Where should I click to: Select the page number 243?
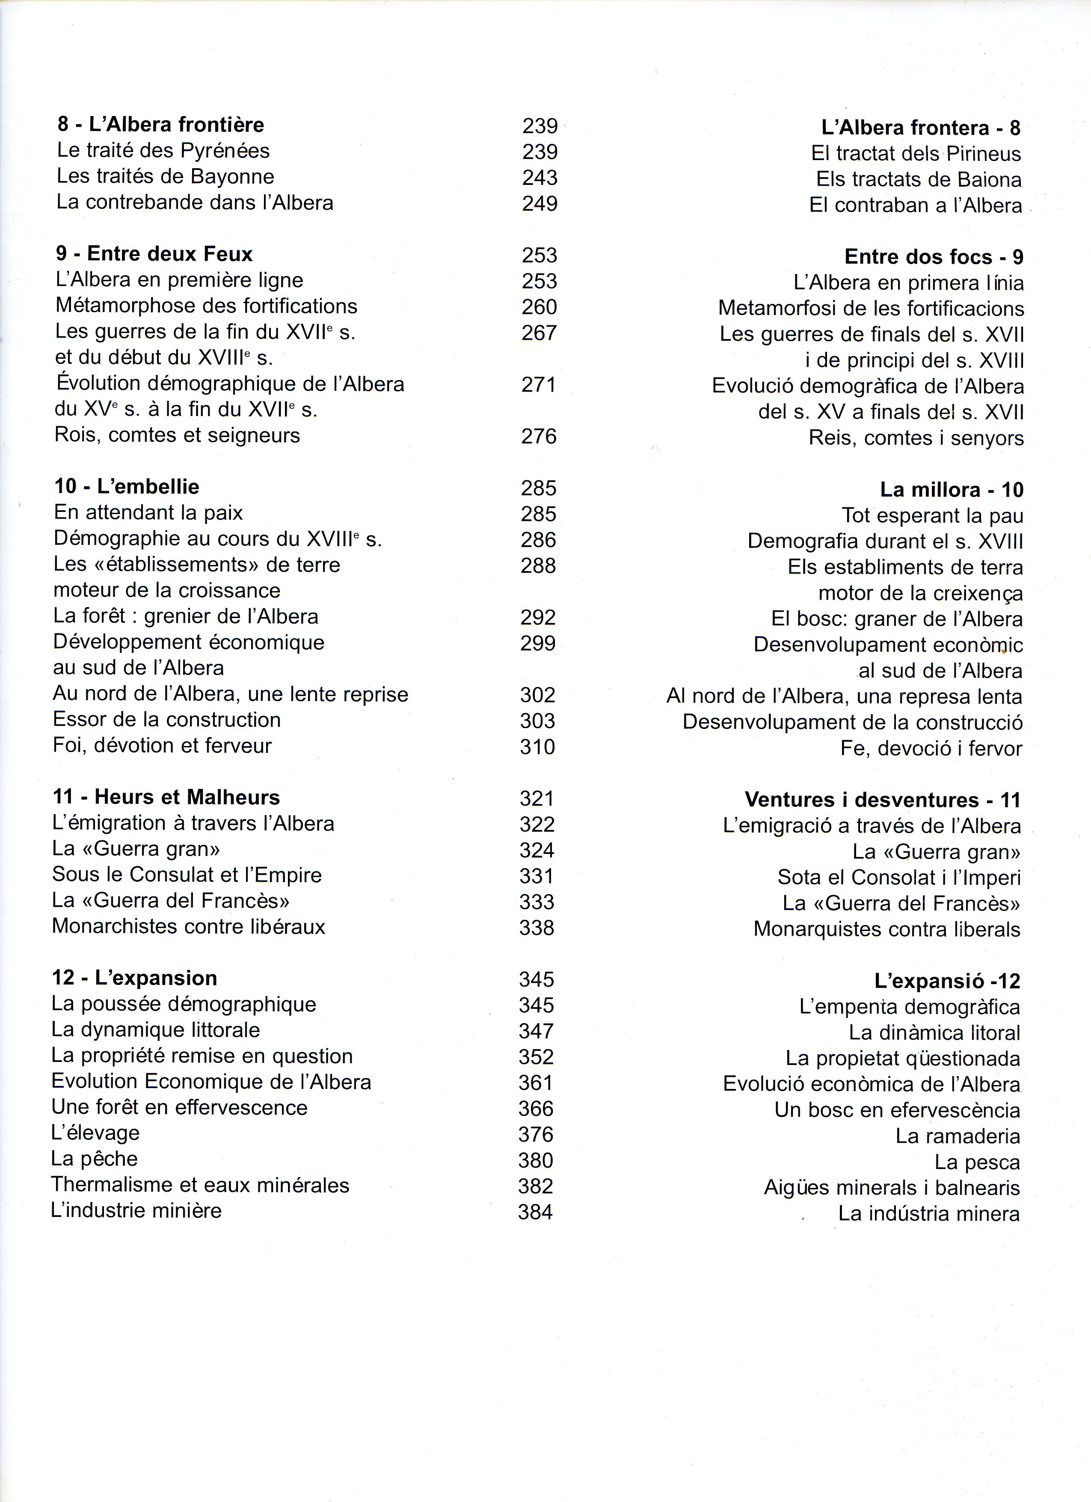point(540,178)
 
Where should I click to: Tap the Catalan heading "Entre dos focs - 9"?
point(934,257)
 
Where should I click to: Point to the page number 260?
point(539,306)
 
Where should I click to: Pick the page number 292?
point(537,617)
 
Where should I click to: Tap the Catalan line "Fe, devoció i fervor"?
point(931,748)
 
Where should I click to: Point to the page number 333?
point(536,901)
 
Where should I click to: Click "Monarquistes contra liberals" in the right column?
point(886,929)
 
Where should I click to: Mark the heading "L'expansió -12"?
point(947,981)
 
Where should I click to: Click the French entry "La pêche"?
point(94,1158)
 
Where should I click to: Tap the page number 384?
point(535,1212)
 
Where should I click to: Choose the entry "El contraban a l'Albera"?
point(915,205)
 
